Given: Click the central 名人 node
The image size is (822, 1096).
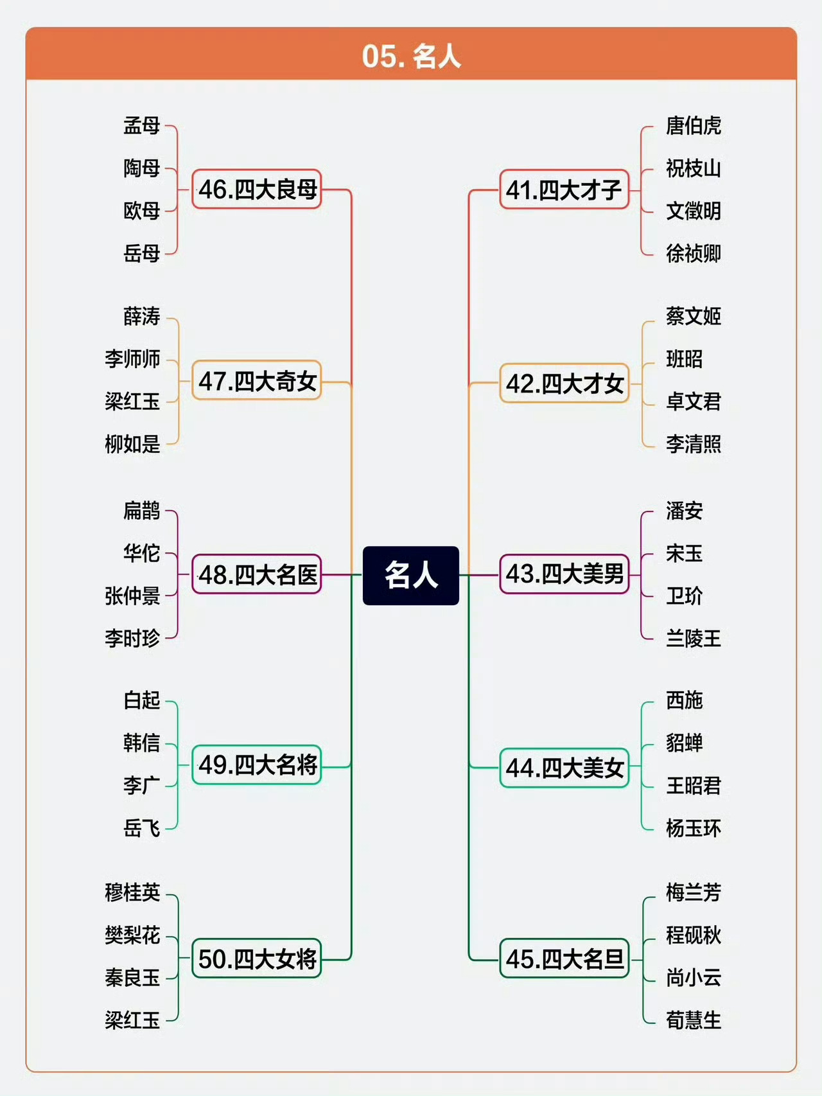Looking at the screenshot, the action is (x=411, y=575).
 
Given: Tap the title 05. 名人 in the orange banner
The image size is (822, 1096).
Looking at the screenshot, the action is (x=411, y=56).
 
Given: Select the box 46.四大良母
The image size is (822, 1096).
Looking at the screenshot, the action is (x=257, y=190).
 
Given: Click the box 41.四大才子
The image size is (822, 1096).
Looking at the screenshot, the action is (x=564, y=190).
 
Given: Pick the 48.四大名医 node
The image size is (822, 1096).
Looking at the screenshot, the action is (x=257, y=574).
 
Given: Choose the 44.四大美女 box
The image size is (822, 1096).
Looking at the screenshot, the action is (x=564, y=768).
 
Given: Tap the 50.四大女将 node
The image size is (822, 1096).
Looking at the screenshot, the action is (x=257, y=959).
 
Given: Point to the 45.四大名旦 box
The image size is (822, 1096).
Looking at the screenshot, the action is (x=564, y=959).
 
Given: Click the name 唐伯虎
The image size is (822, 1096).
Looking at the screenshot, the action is (x=693, y=125).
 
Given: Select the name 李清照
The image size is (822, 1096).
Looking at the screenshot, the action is (x=693, y=444).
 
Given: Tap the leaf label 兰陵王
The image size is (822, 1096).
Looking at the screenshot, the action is (x=693, y=639).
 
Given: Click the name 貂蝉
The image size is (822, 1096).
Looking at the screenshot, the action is (x=684, y=743).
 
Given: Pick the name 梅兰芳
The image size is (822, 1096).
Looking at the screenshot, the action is (x=693, y=892).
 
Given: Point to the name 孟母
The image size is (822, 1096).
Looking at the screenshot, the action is (x=142, y=125).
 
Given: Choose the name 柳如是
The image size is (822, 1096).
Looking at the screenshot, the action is (x=132, y=444).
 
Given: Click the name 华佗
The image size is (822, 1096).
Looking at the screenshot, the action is (x=142, y=553).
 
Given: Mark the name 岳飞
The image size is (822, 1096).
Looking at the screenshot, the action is (x=142, y=828).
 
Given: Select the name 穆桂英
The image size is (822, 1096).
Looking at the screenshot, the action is (x=132, y=892).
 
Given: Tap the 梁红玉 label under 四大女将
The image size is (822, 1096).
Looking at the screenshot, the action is (x=132, y=1020).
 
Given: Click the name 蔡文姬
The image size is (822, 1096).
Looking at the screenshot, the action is (x=693, y=316).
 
